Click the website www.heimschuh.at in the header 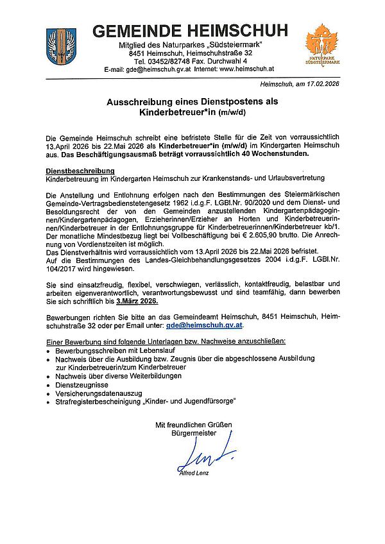click(247, 68)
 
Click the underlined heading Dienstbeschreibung click(80, 171)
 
